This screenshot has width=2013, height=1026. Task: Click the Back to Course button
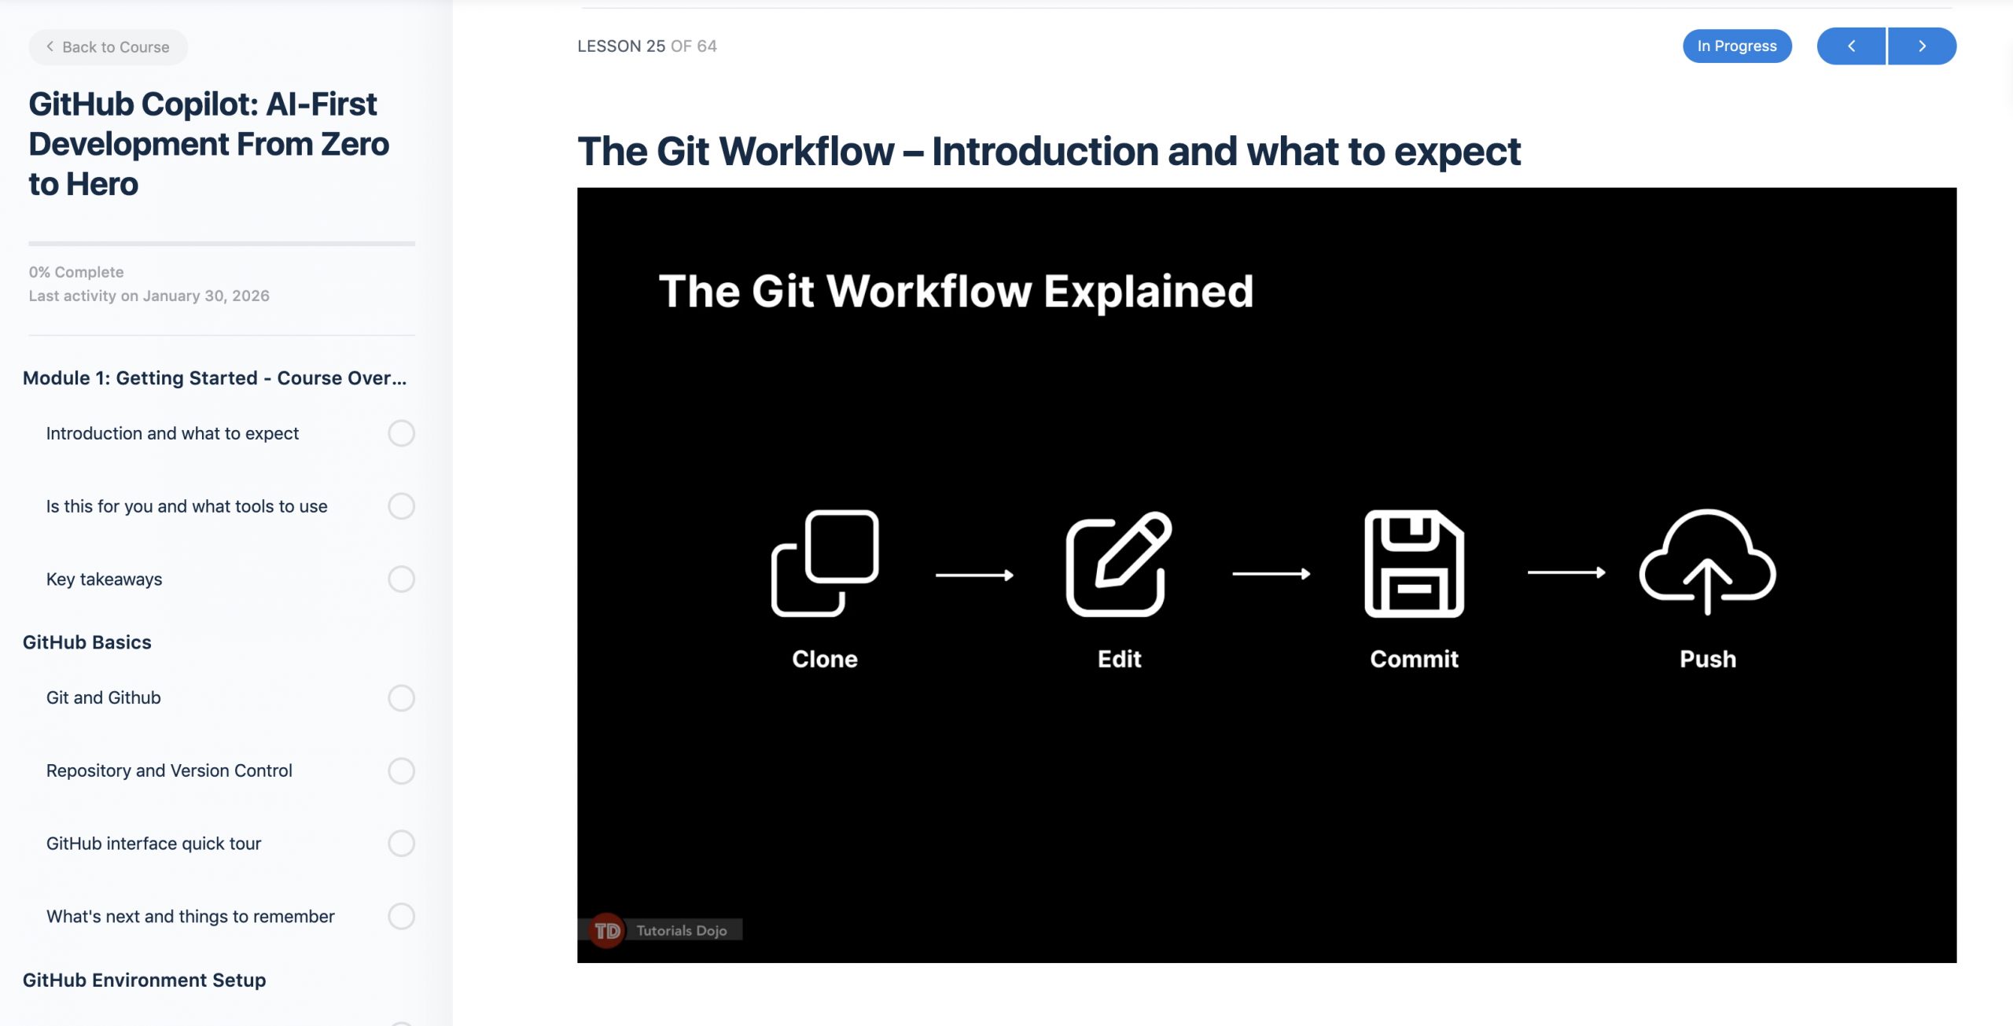point(109,47)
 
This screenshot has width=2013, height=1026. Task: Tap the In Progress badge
point(1737,46)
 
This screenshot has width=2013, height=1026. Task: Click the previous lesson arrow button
point(1851,46)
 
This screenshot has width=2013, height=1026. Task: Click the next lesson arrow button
point(1922,46)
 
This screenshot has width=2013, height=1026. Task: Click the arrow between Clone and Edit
point(974,576)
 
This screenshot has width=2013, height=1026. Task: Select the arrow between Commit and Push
point(1566,573)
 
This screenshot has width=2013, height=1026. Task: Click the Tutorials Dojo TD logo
point(607,931)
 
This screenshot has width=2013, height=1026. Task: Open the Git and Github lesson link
point(103,697)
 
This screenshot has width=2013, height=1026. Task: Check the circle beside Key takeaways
point(401,579)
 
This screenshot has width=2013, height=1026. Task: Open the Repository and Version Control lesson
point(169,770)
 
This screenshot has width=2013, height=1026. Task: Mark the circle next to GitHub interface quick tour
point(401,844)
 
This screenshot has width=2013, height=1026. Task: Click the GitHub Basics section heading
point(87,642)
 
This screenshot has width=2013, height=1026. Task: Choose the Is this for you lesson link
point(186,506)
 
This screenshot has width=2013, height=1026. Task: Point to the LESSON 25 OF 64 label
point(647,46)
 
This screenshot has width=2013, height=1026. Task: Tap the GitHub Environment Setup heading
point(145,980)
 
